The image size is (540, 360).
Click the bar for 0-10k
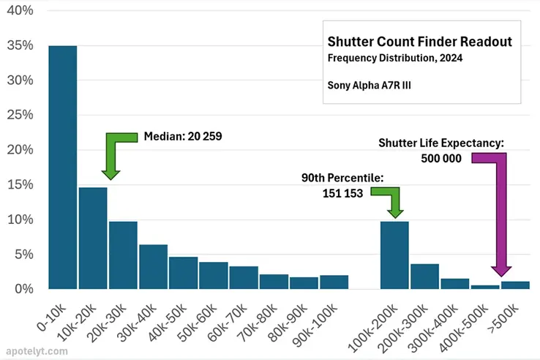[x=62, y=168]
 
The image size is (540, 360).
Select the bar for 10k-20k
[x=93, y=239]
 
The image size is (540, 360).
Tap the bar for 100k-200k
[x=394, y=255]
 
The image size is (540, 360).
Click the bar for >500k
[x=515, y=285]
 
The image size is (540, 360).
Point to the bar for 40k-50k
[x=183, y=273]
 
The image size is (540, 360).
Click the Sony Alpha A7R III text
[x=369, y=84]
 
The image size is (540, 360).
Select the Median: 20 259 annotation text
[x=182, y=136]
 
